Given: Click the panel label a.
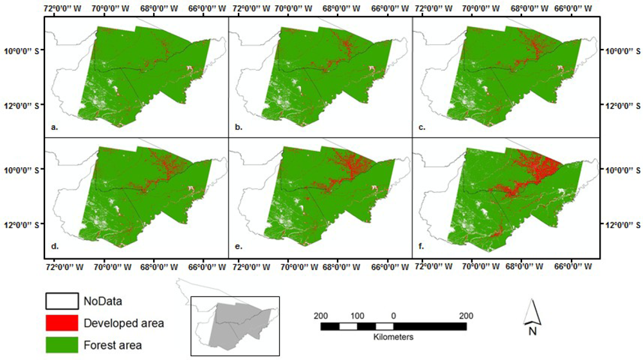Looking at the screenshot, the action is (54, 127).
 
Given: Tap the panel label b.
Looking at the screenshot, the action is (239, 127).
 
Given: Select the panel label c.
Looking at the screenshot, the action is (421, 127).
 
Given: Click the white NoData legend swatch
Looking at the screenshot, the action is (60, 301).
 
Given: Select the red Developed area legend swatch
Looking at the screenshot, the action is (60, 323).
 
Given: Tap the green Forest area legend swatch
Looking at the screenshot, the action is (60, 345).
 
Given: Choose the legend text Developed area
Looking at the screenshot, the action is (123, 323).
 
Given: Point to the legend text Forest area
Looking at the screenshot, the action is (113, 345).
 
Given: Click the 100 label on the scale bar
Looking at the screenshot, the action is (357, 316).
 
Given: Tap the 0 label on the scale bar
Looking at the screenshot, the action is (393, 316).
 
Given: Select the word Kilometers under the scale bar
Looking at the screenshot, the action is (393, 337).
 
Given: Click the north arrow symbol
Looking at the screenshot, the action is (532, 313).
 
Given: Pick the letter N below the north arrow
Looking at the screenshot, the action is (532, 332).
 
